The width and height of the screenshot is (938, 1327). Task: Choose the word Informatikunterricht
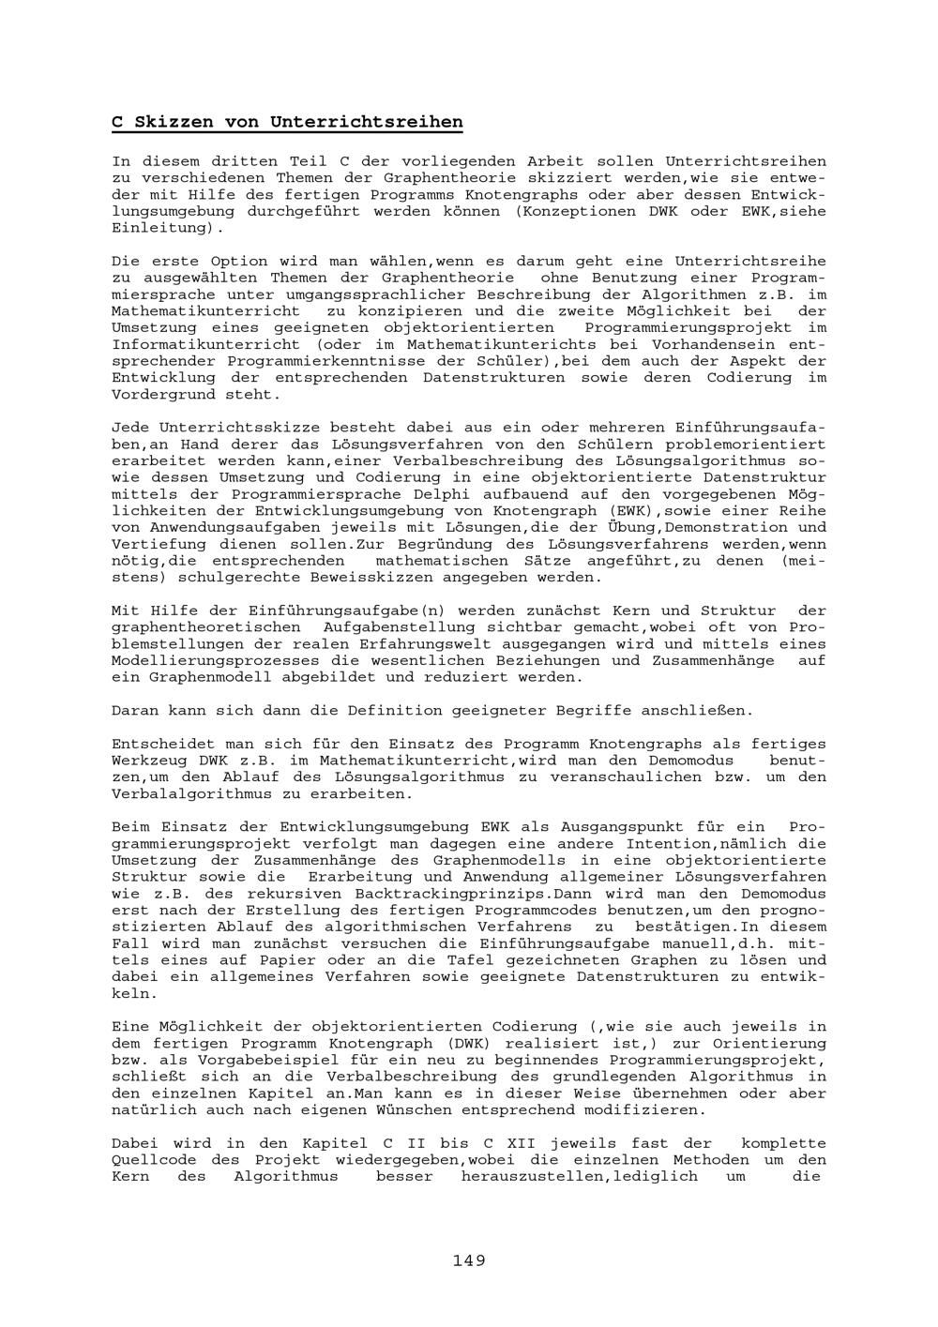205,345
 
